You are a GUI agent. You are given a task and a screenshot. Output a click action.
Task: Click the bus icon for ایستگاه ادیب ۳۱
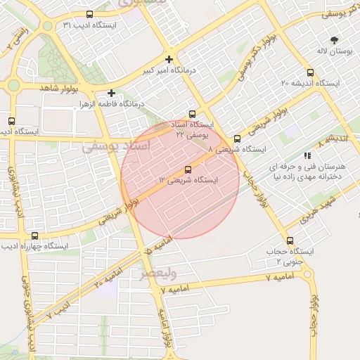point(89,14)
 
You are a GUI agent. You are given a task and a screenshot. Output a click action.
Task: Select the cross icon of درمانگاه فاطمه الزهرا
point(111,93)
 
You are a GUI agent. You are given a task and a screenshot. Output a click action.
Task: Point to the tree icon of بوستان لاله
point(333,41)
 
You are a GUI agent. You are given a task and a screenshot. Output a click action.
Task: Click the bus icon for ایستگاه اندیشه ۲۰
point(310,72)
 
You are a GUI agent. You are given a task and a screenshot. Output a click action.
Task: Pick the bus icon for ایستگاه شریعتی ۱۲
point(187,169)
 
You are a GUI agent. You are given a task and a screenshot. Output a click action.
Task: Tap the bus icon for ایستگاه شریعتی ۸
point(237,139)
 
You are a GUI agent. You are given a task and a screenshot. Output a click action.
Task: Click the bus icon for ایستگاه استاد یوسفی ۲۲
point(193,113)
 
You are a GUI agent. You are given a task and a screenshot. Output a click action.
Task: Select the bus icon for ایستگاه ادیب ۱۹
point(10,121)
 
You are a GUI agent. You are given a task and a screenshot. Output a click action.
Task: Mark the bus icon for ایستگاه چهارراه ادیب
point(34,236)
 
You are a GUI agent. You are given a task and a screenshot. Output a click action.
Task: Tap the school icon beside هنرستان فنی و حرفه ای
point(307,155)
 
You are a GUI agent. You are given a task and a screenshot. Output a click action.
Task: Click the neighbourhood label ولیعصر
point(158,271)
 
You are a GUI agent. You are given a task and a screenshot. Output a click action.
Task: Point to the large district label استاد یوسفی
point(117,146)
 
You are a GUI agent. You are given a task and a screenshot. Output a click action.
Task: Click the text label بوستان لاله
point(333,53)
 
